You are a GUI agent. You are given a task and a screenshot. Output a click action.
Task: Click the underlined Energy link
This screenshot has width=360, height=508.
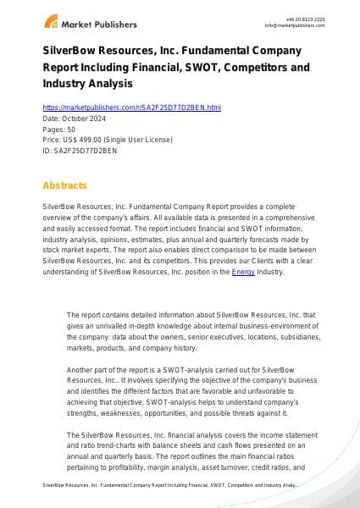(x=242, y=272)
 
